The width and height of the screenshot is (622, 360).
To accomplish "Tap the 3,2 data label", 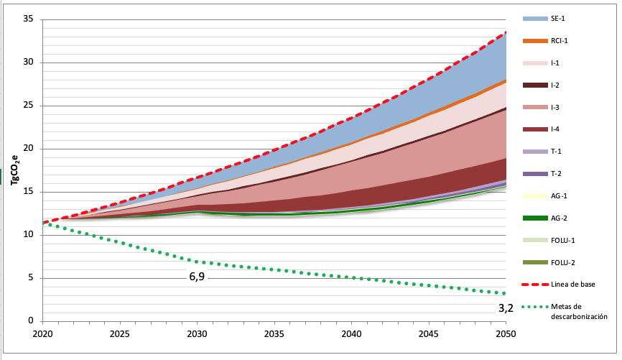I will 506,308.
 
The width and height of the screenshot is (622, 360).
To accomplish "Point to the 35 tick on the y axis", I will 29,19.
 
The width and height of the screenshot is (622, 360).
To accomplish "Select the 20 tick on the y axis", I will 29,149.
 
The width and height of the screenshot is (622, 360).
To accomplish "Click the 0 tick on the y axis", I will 32,321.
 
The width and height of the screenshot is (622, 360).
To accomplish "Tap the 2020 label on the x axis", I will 43,334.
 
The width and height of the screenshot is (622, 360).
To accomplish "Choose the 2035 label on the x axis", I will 274,334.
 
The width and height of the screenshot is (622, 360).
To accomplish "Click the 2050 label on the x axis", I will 506,334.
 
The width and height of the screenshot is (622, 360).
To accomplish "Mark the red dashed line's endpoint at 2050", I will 506,32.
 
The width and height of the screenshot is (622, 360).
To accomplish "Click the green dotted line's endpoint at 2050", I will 506,293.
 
